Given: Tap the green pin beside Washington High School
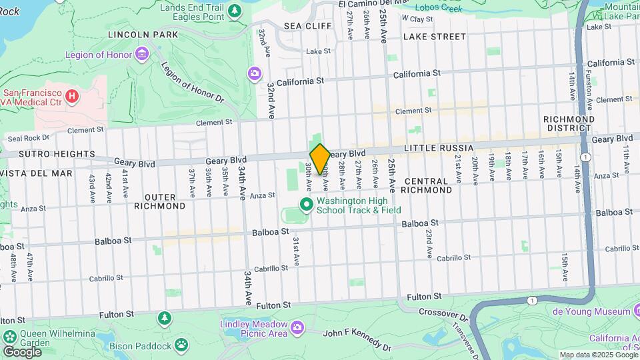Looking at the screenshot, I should [307, 205].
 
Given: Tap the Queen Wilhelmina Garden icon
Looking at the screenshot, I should [9, 336].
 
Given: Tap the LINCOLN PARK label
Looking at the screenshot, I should [143, 34].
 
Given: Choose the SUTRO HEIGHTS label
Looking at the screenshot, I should [37, 153].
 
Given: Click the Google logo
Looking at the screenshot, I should [22, 351].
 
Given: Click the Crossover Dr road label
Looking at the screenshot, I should [446, 312].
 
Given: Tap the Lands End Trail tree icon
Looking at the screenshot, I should [234, 11].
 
